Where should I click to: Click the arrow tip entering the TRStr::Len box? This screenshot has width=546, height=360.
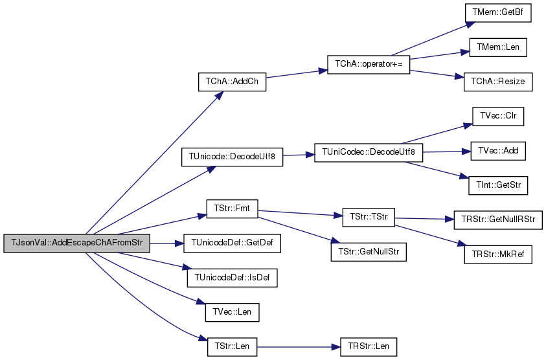340,347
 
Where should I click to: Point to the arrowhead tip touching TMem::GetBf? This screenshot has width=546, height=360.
475,23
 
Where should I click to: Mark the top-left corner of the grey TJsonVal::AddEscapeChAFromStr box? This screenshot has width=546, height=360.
4,234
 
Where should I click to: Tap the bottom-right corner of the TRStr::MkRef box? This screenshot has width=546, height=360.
532,264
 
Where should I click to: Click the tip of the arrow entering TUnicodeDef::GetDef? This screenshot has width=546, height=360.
183,243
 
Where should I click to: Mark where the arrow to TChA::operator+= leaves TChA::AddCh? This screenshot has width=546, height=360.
266,78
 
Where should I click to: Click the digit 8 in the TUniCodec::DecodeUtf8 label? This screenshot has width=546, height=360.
413,152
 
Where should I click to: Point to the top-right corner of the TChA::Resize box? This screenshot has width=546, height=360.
532,73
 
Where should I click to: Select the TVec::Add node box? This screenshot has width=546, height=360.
498,151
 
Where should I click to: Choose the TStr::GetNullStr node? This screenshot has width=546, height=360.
369,252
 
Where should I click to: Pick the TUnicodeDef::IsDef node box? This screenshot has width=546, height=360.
232,278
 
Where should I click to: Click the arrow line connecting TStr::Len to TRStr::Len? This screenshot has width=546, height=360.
299,347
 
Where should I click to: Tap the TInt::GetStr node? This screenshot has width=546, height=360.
498,186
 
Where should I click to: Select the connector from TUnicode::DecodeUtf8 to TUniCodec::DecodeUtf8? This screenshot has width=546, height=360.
299,155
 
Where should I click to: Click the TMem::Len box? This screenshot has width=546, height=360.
498,47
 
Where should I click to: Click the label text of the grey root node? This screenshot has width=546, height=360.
77,243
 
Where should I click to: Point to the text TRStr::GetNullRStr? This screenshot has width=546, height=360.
498,219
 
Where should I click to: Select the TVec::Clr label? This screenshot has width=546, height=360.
498,116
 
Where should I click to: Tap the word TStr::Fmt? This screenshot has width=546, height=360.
232,208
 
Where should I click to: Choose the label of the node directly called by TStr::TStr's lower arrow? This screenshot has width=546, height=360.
498,254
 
